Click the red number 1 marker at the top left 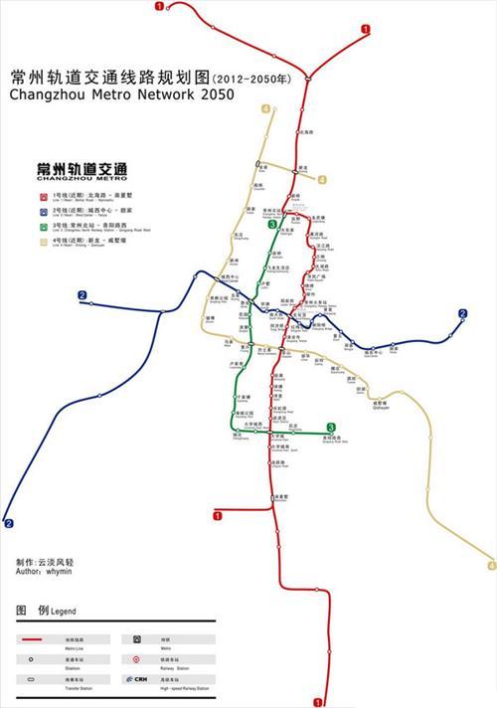(160, 6)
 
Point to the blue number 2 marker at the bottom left (9, 523)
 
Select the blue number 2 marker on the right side (462, 314)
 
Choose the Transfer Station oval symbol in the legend (33, 678)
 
